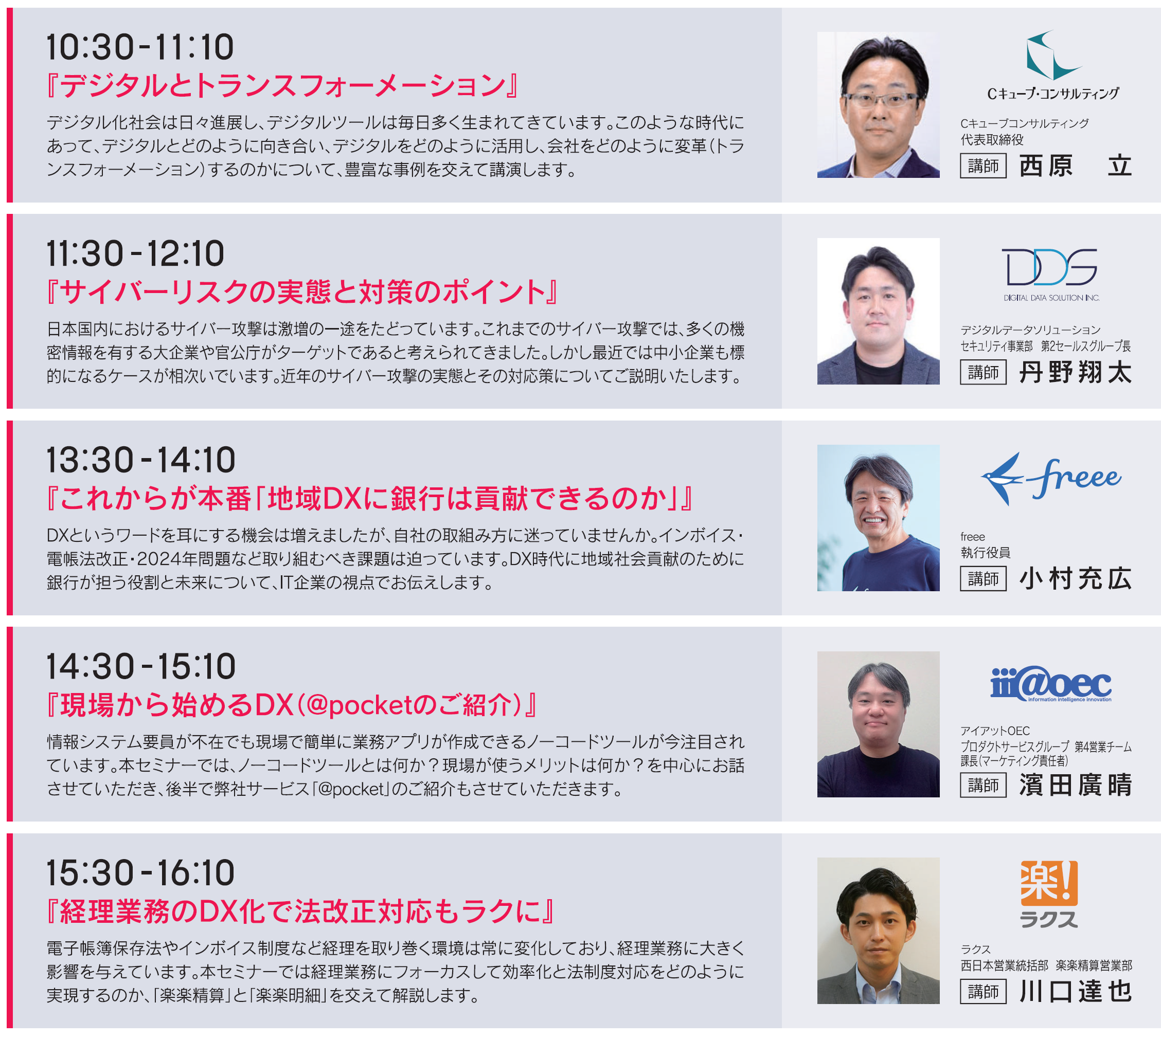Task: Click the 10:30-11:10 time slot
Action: (140, 47)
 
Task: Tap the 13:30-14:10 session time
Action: (140, 460)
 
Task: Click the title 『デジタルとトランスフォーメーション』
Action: (281, 86)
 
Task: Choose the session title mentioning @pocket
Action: (291, 704)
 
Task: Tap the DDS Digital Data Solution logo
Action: (1051, 274)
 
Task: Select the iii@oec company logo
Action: (1051, 684)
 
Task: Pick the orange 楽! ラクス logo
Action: (1048, 894)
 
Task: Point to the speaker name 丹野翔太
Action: (1075, 372)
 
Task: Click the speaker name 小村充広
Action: (1075, 579)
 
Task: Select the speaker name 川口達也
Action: (1075, 992)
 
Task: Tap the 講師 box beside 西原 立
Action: (983, 166)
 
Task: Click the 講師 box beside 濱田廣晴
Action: (983, 786)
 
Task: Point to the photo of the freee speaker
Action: (878, 518)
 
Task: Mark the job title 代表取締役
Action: (991, 140)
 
